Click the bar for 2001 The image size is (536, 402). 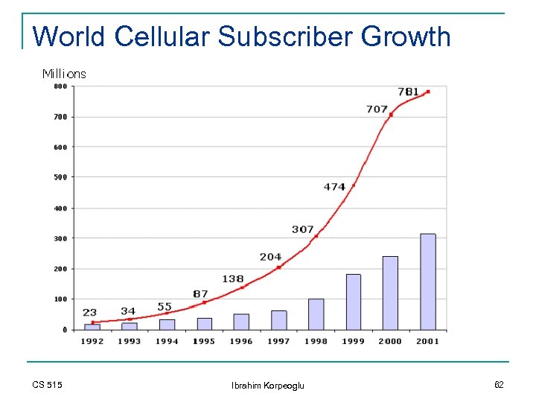point(427,281)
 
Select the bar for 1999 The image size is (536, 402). point(353,301)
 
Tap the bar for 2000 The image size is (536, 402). point(390,293)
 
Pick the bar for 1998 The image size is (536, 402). point(316,314)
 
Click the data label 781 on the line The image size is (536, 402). point(408,92)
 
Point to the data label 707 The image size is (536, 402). point(377,109)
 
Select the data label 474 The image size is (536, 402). point(334,187)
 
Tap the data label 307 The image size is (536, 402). point(302,229)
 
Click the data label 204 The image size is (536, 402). point(270,257)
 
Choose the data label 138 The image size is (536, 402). point(233,279)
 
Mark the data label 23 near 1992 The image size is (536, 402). point(89,313)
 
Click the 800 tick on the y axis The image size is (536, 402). point(60,86)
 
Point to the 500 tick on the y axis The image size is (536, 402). point(60,177)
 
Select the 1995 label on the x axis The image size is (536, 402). point(203,341)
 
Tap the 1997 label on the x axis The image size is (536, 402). point(278,341)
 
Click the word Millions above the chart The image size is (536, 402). point(64,74)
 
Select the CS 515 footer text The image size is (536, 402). point(47,384)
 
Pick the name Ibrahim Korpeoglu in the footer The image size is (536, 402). point(267,385)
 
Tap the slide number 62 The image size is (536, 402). point(498,384)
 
